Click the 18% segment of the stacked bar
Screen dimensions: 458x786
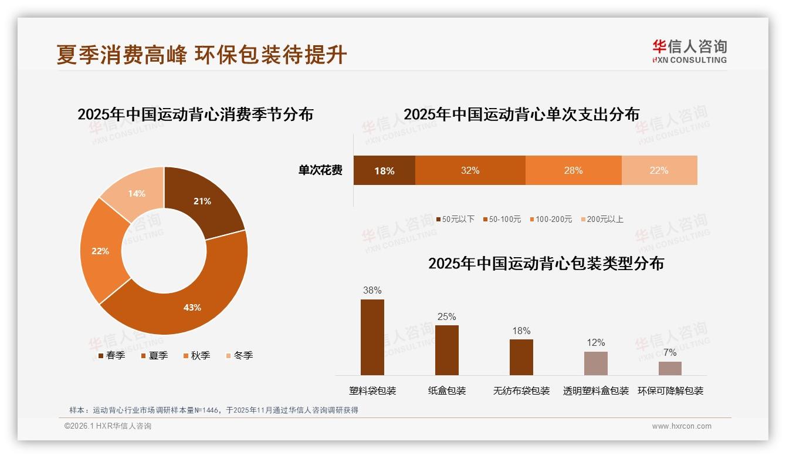[x=384, y=170]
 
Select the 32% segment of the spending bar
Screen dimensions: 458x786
[x=470, y=170]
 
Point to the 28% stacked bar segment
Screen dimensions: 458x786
[x=573, y=170]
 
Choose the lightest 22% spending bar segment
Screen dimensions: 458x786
[x=659, y=170]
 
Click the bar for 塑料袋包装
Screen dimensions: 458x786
[x=372, y=337]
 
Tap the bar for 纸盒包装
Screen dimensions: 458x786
[x=447, y=350]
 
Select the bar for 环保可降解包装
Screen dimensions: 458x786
[x=670, y=368]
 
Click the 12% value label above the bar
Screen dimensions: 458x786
[x=596, y=342]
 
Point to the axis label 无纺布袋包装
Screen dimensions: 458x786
[x=521, y=390]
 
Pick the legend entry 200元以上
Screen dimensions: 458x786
[x=605, y=219]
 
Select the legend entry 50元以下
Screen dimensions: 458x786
[x=458, y=219]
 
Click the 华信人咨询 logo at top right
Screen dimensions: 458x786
[x=689, y=51]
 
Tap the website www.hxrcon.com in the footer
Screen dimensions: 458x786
[x=682, y=426]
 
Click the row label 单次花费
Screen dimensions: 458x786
[x=320, y=170]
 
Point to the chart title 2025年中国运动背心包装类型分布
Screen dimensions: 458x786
[x=546, y=264]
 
